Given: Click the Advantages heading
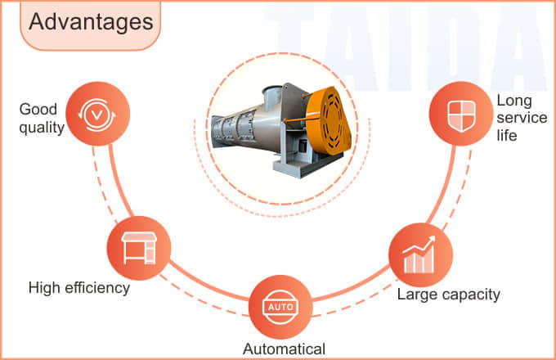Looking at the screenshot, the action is [x=91, y=22].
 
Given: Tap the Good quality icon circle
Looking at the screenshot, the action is [x=98, y=114].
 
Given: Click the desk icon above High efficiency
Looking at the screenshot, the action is [x=139, y=248].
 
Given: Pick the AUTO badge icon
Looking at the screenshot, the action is [x=280, y=307].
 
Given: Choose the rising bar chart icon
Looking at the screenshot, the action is [x=419, y=254].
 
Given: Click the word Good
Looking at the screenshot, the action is [x=38, y=110].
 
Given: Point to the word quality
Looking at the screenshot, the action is [x=42, y=128].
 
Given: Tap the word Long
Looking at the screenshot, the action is [x=514, y=101].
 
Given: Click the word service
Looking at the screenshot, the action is [x=522, y=118].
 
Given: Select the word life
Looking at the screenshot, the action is [x=507, y=135].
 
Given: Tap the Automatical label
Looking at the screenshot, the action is [x=284, y=349].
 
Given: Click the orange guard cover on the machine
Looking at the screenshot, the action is [x=328, y=120].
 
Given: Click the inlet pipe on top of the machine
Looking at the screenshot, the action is [x=272, y=93].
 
